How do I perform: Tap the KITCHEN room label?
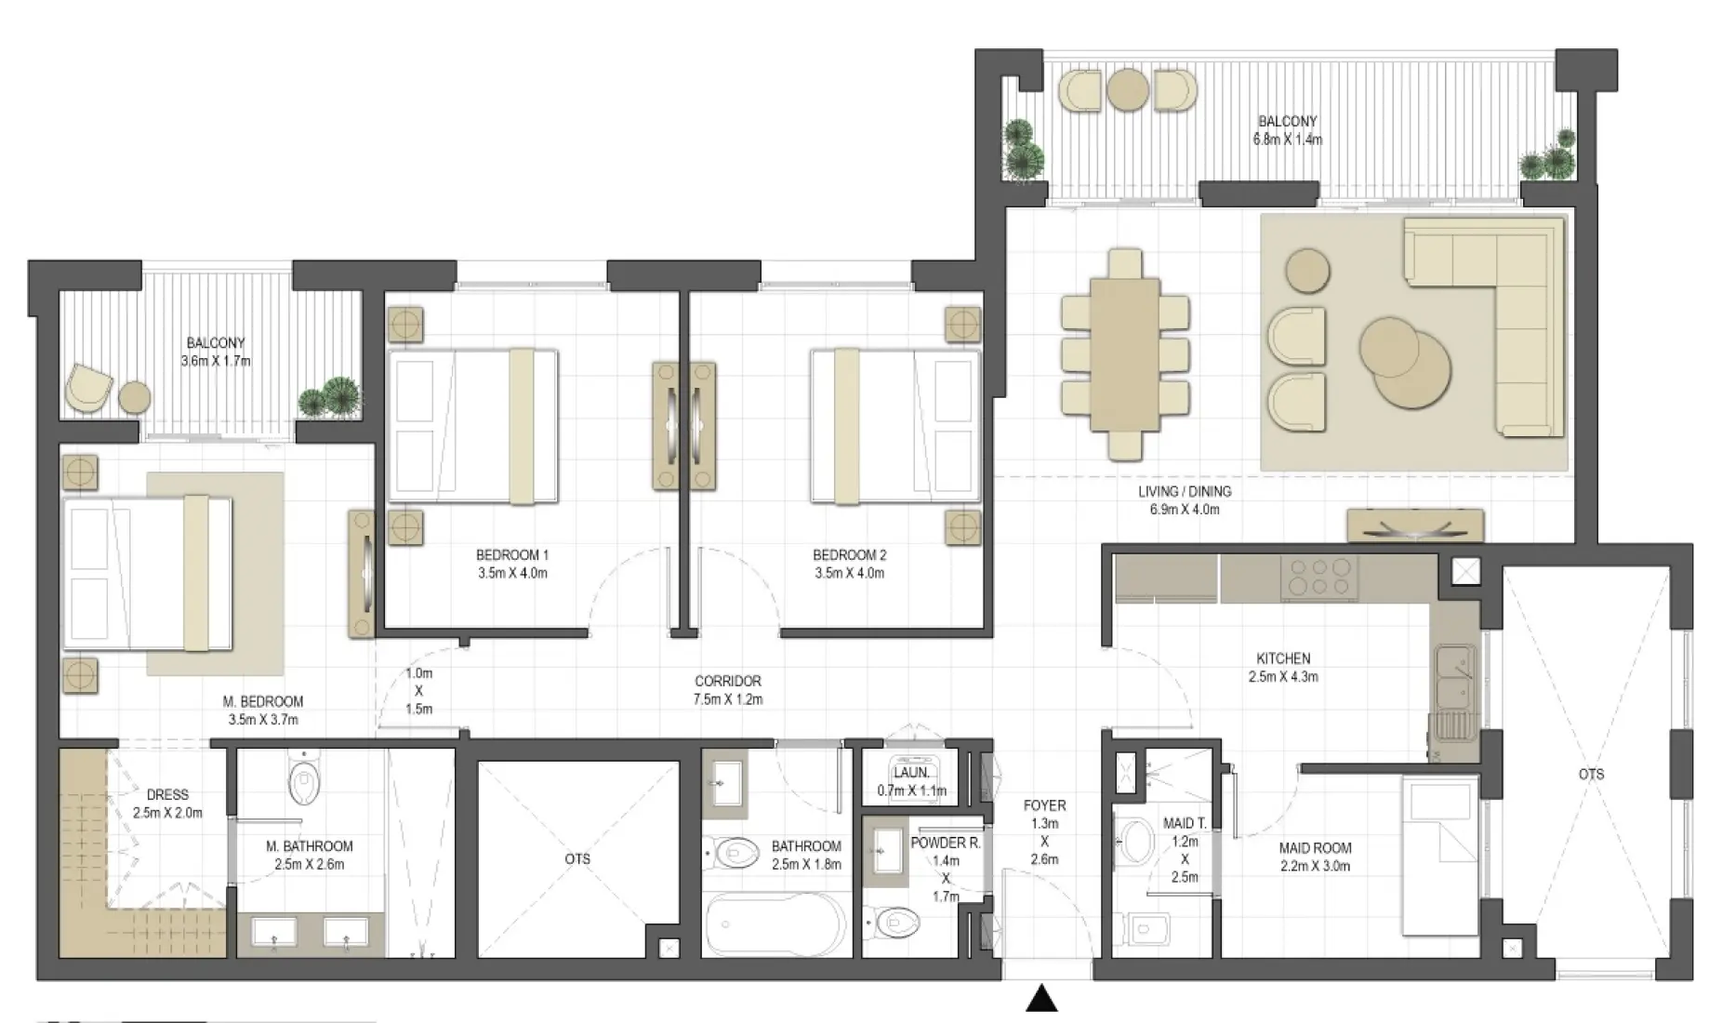click(x=1283, y=658)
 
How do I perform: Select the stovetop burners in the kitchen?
click(x=1318, y=577)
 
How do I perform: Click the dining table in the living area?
click(x=1125, y=354)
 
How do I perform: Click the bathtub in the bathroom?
click(x=774, y=924)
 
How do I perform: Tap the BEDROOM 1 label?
click(x=512, y=555)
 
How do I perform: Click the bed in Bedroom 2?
click(x=894, y=426)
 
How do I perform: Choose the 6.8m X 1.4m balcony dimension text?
click(x=1287, y=139)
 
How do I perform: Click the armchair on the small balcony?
click(x=88, y=387)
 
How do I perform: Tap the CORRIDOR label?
click(x=727, y=681)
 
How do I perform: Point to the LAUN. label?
click(x=910, y=773)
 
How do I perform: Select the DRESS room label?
click(x=167, y=794)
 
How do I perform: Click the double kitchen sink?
click(x=1453, y=677)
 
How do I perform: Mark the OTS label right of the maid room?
click(x=1591, y=774)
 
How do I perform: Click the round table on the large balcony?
click(x=1128, y=89)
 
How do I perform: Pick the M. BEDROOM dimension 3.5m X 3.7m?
click(x=263, y=719)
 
